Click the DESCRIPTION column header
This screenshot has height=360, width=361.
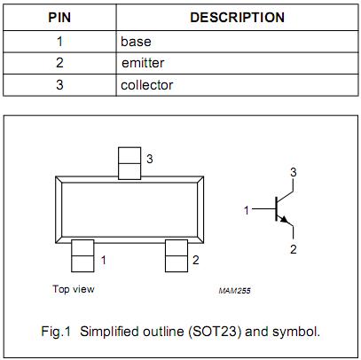(237, 18)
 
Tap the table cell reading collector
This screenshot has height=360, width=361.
(146, 85)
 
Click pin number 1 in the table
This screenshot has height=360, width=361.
(59, 41)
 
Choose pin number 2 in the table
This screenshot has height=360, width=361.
(59, 63)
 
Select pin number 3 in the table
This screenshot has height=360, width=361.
(59, 85)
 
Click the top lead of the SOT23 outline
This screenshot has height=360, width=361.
(130, 161)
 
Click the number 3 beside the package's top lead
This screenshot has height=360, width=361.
(150, 159)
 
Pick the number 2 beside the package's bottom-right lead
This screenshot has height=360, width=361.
(195, 261)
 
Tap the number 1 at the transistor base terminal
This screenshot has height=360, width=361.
(247, 210)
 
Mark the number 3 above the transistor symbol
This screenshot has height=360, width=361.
(293, 171)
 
